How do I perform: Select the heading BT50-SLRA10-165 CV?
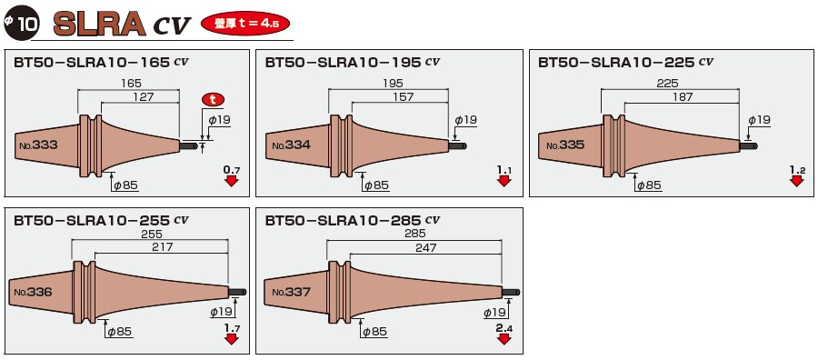coord(101,64)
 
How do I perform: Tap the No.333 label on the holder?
coord(37,145)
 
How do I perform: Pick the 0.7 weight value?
coord(231,170)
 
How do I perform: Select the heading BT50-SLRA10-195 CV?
coord(354,64)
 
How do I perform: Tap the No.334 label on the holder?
coord(291,145)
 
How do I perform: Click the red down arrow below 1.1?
coord(504,181)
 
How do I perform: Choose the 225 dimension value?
coord(667,83)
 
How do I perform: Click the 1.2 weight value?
coord(797,170)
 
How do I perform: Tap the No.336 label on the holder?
coord(33,292)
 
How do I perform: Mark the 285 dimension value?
coord(414,233)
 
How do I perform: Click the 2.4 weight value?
coord(504,326)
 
